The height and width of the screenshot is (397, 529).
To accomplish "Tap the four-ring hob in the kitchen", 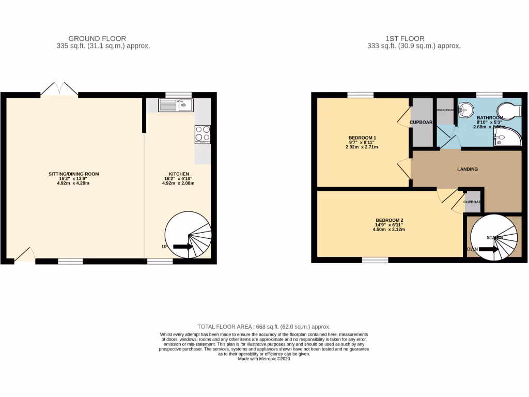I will coord(202,134).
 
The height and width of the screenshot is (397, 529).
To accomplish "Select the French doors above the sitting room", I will coord(59,89).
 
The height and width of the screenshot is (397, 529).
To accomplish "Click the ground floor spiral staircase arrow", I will coord(183,247).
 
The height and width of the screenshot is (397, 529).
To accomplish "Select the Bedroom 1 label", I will coord(362,138).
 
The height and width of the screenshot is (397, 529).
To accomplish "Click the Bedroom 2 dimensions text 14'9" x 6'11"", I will coord(389,225).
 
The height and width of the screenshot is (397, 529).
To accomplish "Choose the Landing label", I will coord(468,169).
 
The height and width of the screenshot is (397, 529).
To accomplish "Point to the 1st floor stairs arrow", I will coord(489,249).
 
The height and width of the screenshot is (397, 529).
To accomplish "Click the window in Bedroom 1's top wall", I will coord(360,95).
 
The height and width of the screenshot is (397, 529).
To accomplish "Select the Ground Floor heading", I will coord(97,38).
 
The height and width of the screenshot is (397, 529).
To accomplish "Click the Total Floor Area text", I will coord(264,327).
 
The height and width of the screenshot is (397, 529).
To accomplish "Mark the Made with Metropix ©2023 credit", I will coord(264,359).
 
